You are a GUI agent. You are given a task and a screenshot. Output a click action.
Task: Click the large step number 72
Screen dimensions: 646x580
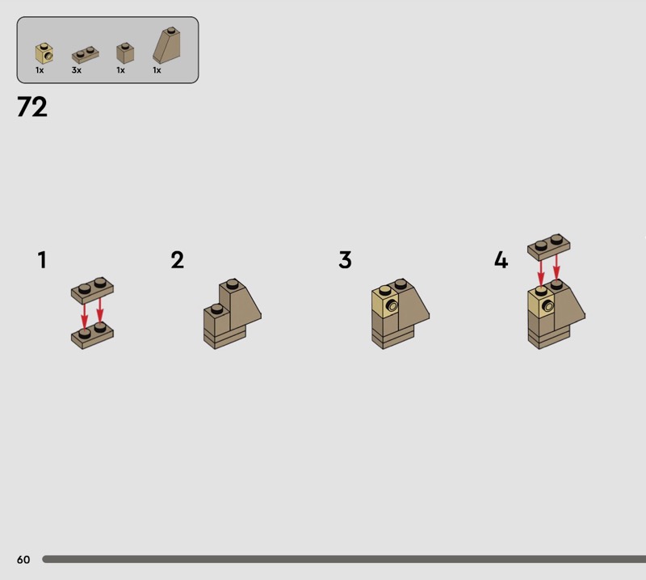point(32,107)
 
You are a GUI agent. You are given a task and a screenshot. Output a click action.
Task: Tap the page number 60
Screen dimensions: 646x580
point(23,559)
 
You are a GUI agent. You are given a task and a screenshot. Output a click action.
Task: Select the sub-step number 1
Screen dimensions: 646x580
point(42,260)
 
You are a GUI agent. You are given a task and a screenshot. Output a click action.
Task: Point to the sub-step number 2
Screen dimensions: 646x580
point(177,260)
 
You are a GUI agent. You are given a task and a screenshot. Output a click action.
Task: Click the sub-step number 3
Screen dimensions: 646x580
point(346,260)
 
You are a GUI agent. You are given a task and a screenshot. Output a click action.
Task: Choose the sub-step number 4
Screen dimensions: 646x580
point(501,260)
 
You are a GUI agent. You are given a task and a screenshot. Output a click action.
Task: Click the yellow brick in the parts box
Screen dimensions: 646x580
point(44,53)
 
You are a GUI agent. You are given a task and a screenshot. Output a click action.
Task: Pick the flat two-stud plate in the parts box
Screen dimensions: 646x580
point(86,55)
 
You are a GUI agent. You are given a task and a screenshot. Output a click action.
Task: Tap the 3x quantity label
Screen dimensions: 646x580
point(76,70)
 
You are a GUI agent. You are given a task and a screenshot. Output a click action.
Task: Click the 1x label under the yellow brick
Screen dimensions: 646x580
point(40,70)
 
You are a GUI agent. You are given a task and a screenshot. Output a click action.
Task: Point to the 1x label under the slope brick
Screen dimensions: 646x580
point(157,70)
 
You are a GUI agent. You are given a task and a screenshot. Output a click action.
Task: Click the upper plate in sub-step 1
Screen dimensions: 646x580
point(92,290)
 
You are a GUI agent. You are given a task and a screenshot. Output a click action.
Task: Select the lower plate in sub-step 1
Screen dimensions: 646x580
point(92,335)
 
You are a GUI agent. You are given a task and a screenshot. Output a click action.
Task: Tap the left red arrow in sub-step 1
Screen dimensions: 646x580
point(85,317)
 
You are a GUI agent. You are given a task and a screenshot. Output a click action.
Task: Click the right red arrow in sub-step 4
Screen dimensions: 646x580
point(556,267)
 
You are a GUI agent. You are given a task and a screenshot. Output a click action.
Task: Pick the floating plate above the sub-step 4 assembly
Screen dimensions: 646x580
point(549,247)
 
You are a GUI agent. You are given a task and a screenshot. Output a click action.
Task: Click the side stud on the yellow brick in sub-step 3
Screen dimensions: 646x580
point(392,306)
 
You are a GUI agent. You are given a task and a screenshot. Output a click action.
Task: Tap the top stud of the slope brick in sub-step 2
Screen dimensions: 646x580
point(232,284)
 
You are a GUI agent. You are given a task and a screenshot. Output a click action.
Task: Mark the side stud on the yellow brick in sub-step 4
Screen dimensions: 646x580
point(548,306)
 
